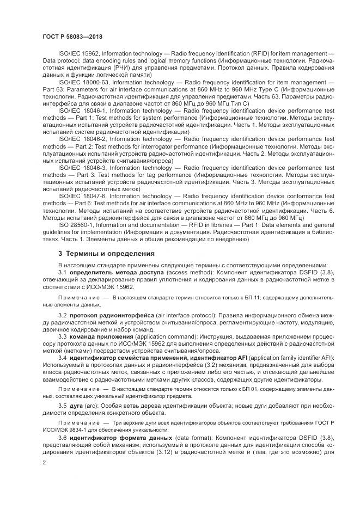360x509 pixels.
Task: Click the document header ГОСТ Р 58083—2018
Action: pyautogui.click(x=72, y=36)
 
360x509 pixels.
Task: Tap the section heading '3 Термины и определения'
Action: pyautogui.click(x=106, y=254)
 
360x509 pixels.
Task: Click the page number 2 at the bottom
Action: pyautogui.click(x=45, y=462)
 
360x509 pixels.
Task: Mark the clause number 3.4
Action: pyautogui.click(x=62, y=357)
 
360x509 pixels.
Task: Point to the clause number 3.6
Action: pyautogui.click(x=62, y=438)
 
